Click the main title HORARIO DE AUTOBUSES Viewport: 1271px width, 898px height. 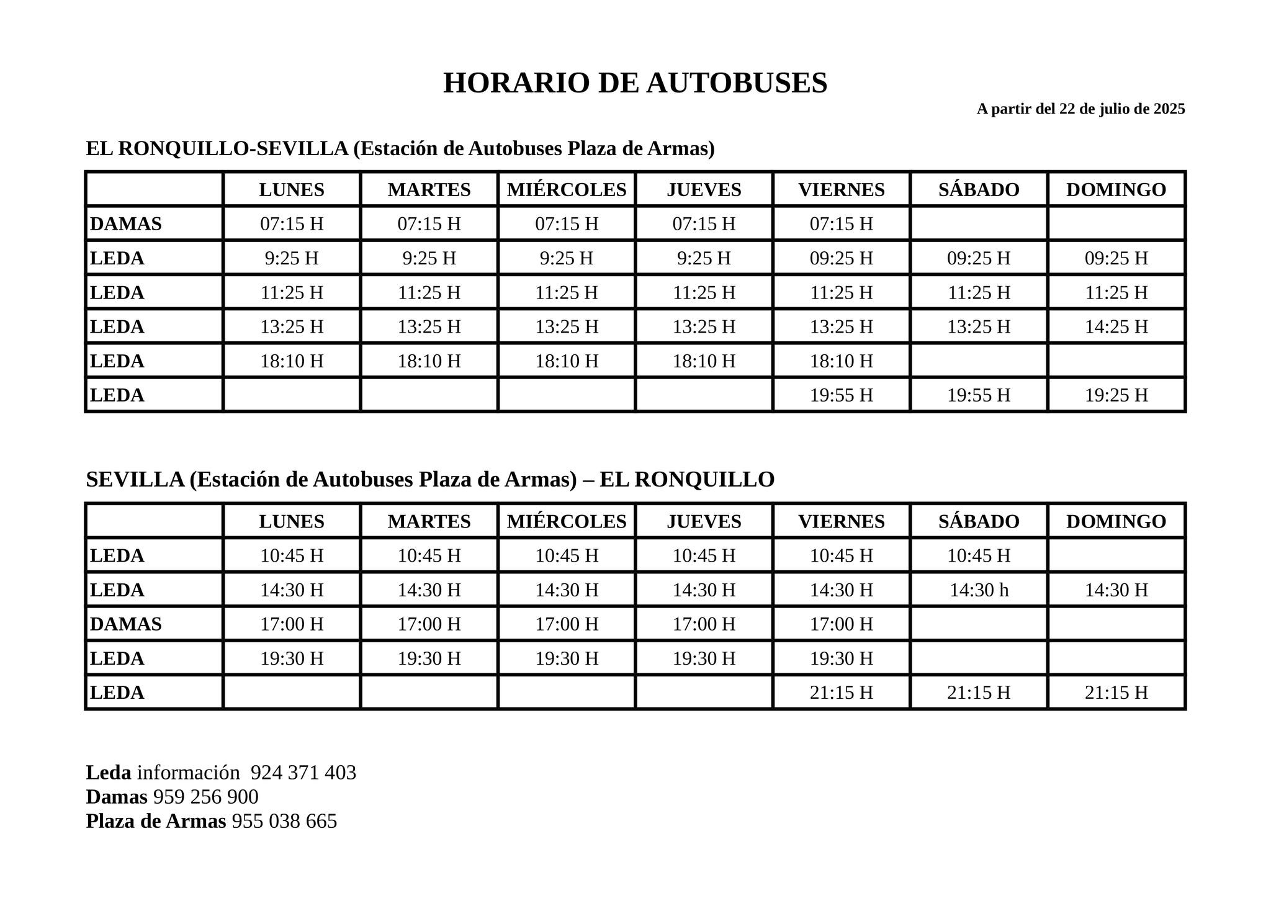pos(635,83)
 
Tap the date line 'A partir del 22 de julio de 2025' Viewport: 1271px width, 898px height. pos(1080,109)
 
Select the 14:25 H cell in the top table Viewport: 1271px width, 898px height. pos(1116,326)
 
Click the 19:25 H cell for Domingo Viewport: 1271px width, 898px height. pos(1116,395)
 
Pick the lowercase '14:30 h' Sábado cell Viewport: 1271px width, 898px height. pos(979,590)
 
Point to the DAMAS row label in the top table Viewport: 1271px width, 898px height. pos(126,223)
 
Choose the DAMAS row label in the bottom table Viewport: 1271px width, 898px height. pos(126,624)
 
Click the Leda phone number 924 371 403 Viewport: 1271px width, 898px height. pos(303,773)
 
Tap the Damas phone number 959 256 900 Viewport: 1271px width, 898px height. pos(205,797)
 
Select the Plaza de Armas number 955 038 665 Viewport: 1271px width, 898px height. pos(284,821)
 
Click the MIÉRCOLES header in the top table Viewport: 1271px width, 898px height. pos(566,189)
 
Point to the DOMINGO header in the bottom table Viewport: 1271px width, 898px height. pos(1116,521)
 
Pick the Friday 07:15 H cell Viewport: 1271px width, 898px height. pos(841,223)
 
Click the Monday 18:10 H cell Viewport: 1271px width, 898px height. pos(292,361)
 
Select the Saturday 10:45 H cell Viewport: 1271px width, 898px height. pos(979,555)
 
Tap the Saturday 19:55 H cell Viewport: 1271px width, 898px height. pos(979,395)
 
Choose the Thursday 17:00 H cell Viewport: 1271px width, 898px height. pos(704,624)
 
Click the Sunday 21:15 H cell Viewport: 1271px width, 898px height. pos(1116,692)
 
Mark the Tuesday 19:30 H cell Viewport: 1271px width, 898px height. pos(429,658)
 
